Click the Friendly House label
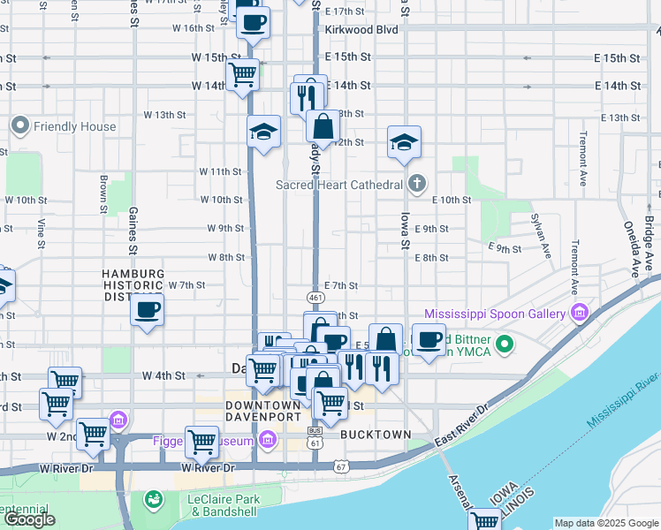(74, 126)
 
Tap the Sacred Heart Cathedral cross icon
(417, 185)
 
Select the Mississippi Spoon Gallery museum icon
(579, 314)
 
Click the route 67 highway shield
(342, 466)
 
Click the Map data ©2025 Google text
(605, 523)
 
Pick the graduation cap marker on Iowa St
(404, 143)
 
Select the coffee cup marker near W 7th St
(148, 310)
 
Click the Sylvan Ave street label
(538, 229)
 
